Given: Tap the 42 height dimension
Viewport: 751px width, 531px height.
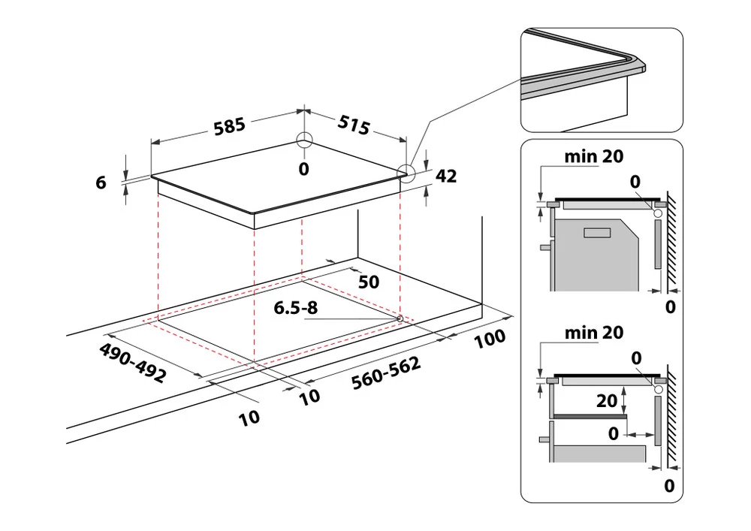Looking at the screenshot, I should (446, 176).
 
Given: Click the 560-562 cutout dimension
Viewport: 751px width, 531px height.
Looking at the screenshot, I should (385, 373).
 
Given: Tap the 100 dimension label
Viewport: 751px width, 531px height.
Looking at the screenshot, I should (490, 339).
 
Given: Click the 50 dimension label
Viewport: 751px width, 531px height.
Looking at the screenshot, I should (369, 282).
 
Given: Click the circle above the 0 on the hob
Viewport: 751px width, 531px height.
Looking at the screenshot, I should (303, 141).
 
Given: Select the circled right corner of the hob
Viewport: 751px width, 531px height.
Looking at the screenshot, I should (406, 173).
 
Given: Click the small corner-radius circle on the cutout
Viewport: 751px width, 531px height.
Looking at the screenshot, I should (400, 318).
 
